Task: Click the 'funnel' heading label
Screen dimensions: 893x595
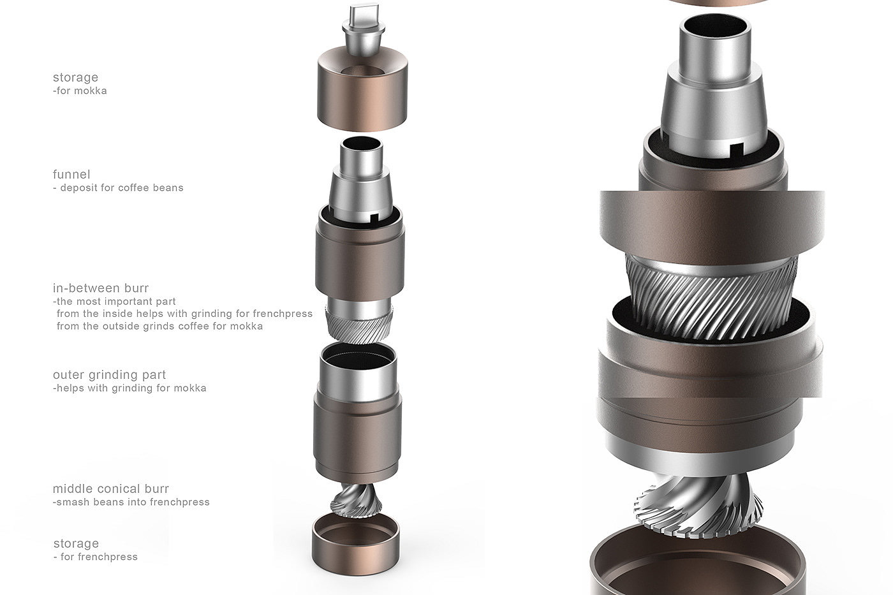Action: (71, 175)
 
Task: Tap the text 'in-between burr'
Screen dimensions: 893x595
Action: (101, 288)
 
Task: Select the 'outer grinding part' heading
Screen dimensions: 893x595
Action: (109, 375)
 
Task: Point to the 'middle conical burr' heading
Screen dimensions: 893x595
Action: (111, 488)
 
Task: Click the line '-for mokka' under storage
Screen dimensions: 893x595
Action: (80, 91)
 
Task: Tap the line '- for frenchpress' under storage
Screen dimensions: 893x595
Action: (95, 557)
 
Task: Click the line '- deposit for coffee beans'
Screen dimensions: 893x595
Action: (118, 187)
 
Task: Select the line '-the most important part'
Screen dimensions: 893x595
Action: (114, 302)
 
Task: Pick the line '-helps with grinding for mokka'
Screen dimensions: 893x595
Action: (129, 388)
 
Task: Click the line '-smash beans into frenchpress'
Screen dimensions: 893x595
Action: (131, 502)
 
